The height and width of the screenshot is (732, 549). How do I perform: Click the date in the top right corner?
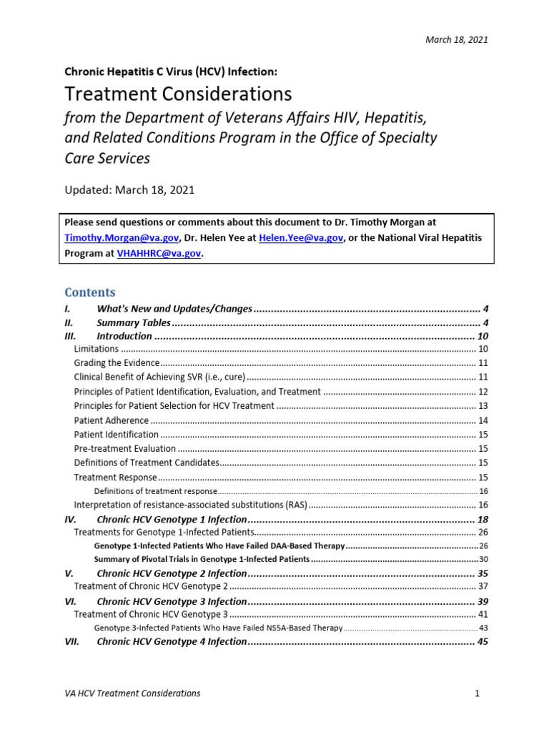tap(458, 40)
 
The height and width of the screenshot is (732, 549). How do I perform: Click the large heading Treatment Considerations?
tap(178, 94)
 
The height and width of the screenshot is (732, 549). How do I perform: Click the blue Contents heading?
tap(90, 292)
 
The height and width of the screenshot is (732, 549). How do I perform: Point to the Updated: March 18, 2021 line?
tap(129, 190)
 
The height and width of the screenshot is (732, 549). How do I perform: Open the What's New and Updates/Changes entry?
tap(174, 309)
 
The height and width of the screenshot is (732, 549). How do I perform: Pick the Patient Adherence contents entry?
tap(112, 420)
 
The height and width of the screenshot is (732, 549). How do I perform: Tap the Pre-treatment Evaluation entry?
tap(125, 449)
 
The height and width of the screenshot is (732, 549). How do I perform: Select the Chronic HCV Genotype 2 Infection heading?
tap(172, 574)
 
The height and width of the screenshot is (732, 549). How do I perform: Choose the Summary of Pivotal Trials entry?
tap(202, 559)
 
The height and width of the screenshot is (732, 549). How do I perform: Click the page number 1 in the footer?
tap(475, 693)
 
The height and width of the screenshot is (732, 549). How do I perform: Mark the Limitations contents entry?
tap(97, 350)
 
